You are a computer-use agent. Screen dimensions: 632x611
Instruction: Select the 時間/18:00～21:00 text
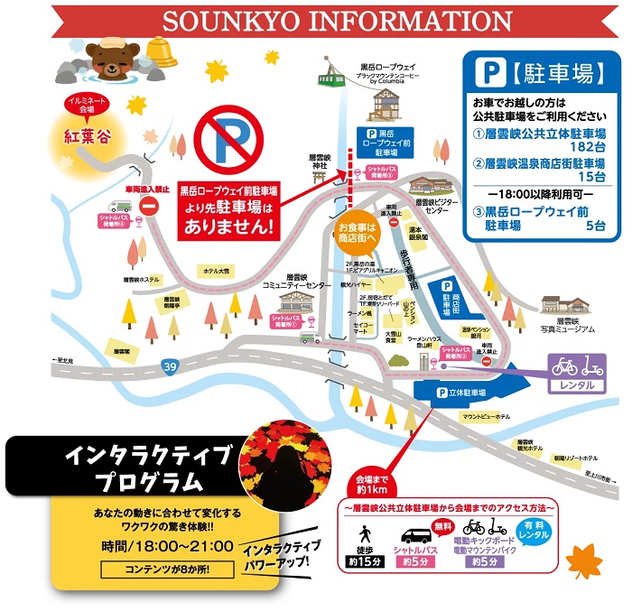tap(167, 547)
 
